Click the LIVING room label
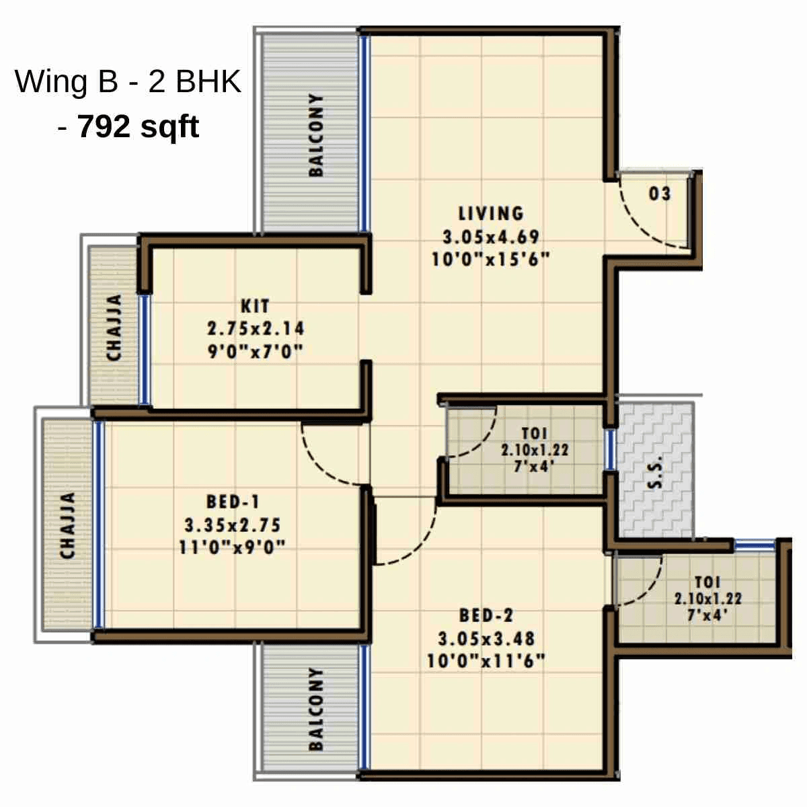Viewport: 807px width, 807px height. pyautogui.click(x=490, y=214)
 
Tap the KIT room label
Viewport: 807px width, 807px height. pyautogui.click(x=255, y=307)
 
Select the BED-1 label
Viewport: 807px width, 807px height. pyautogui.click(x=233, y=502)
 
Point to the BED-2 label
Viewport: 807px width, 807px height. pyautogui.click(x=486, y=615)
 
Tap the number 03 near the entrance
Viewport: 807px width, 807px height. pyautogui.click(x=660, y=194)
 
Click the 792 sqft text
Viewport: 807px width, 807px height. pyautogui.click(x=139, y=126)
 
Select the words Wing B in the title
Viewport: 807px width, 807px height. pyautogui.click(x=61, y=81)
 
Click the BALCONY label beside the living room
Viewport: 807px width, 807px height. pyautogui.click(x=315, y=135)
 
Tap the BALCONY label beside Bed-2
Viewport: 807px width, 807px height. pyautogui.click(x=315, y=709)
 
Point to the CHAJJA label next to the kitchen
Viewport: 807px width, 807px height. pyautogui.click(x=114, y=328)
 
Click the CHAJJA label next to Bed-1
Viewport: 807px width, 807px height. pyautogui.click(x=67, y=525)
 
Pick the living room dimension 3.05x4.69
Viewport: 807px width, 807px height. pyautogui.click(x=490, y=237)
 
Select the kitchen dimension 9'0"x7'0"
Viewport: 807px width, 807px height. pyautogui.click(x=255, y=351)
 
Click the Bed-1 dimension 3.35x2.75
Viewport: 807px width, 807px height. pyautogui.click(x=233, y=525)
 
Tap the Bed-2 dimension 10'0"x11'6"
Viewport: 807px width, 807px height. pyautogui.click(x=486, y=661)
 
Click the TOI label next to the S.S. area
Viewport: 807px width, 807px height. pyautogui.click(x=534, y=434)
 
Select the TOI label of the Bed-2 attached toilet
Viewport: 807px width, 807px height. pyautogui.click(x=707, y=582)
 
